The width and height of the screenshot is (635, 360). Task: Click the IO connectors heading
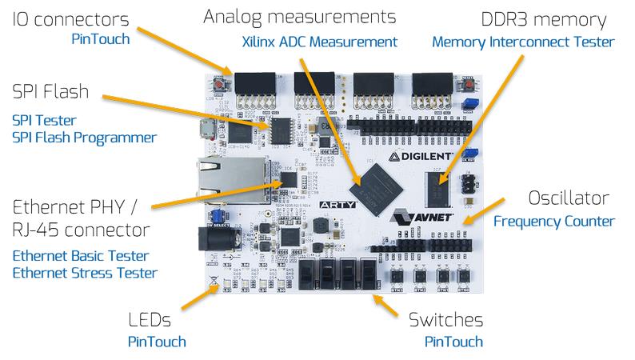[x=70, y=18]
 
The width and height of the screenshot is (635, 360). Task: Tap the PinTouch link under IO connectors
[x=101, y=39]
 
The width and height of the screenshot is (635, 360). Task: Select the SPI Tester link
[x=44, y=120]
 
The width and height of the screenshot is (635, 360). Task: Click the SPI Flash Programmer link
[x=84, y=138]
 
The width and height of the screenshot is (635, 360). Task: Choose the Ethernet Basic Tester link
[x=81, y=256]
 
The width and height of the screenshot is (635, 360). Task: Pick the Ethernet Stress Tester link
[x=84, y=274]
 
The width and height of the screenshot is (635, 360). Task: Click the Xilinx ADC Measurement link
[x=319, y=42]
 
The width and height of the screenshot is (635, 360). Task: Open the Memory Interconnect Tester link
[x=523, y=42]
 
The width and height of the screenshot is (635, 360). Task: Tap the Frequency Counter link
[x=553, y=221]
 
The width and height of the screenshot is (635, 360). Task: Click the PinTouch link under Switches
[x=453, y=342]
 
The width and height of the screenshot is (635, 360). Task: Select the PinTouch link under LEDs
[x=157, y=342]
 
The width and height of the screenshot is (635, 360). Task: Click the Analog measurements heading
[x=300, y=17]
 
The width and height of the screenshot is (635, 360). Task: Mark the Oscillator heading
[x=569, y=198]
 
